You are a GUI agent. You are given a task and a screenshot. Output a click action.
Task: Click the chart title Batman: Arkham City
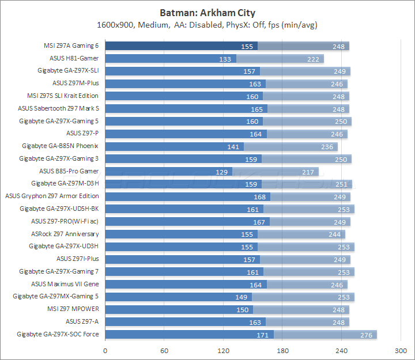coord(207,13)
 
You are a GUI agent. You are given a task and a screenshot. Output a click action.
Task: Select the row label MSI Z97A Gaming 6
coord(70,46)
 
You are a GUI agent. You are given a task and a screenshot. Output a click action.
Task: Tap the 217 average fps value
coord(309,172)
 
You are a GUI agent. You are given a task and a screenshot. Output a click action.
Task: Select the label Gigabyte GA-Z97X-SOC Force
coord(58,334)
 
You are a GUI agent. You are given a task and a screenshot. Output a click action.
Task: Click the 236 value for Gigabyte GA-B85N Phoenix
coord(327,146)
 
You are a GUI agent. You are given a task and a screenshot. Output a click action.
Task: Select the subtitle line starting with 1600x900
coord(207,25)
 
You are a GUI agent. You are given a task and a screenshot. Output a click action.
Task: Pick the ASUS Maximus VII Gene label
coord(65,284)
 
